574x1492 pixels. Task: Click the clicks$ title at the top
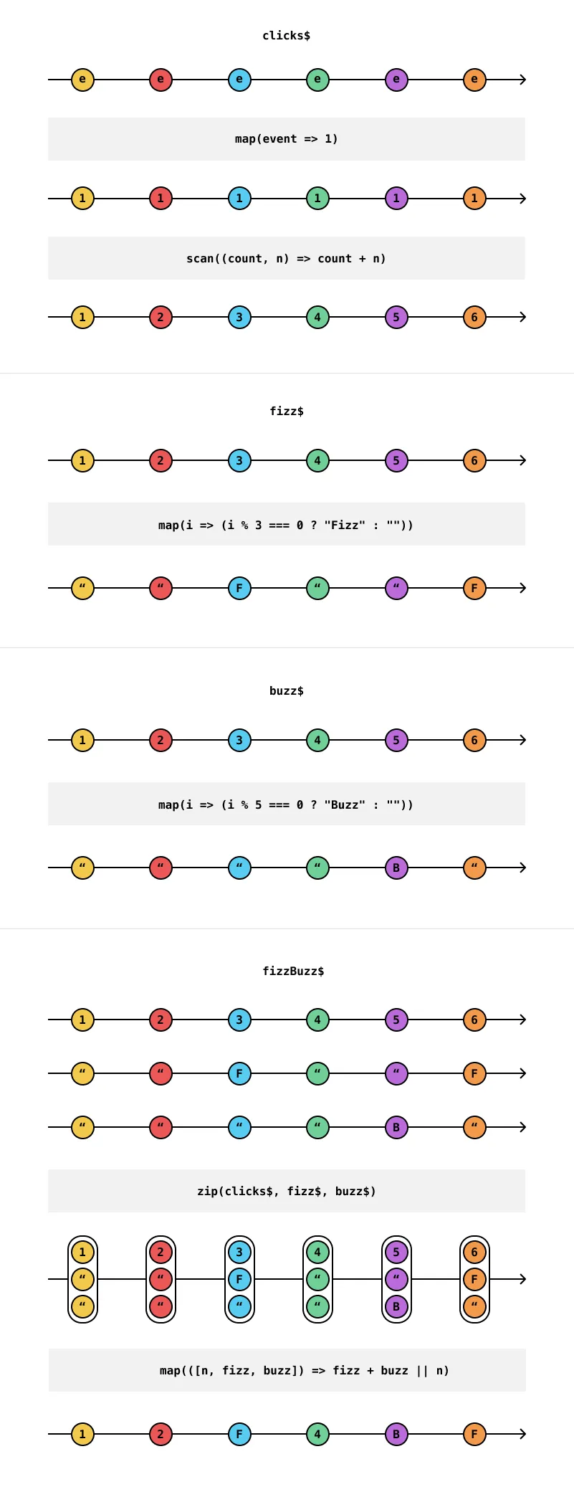tap(286, 36)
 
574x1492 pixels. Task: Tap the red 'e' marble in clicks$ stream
tap(161, 80)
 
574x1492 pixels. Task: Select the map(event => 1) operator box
tap(286, 139)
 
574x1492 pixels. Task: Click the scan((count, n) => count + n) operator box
tap(286, 258)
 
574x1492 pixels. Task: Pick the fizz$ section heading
tap(286, 412)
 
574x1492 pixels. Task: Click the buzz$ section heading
tap(286, 691)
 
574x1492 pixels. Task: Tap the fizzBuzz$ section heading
tap(293, 971)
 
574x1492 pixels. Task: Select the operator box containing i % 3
tap(286, 525)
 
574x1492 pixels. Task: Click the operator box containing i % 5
tap(286, 804)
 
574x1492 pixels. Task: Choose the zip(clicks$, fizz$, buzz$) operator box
tap(286, 1191)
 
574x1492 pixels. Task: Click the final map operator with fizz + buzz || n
tap(286, 1370)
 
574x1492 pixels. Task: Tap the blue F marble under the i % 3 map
tap(239, 589)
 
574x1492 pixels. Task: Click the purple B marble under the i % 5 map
tap(396, 868)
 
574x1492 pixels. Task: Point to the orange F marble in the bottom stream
tap(474, 1435)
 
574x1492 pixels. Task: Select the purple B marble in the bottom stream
tap(396, 1435)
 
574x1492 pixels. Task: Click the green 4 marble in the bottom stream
tap(317, 1435)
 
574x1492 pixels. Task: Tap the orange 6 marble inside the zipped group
tap(474, 1253)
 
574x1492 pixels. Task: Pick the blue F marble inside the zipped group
tap(239, 1279)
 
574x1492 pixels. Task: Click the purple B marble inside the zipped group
tap(396, 1306)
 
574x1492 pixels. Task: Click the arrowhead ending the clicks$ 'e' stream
tap(523, 80)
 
